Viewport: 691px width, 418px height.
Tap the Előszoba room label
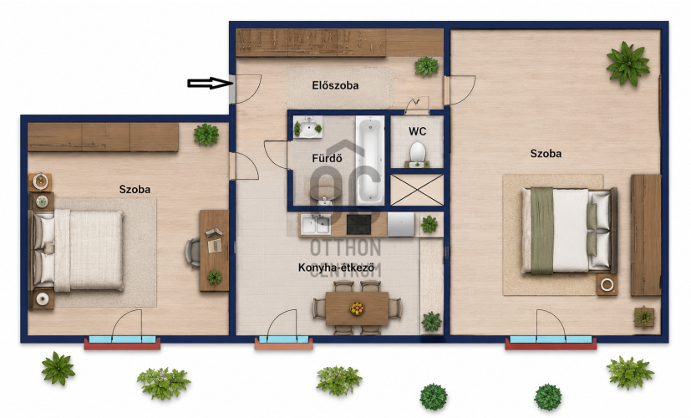coord(335,85)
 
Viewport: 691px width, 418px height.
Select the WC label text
coord(417,131)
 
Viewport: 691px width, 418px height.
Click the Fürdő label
coord(327,158)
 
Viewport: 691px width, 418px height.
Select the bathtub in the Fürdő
coord(370,160)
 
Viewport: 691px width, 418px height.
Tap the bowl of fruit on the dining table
coord(357,308)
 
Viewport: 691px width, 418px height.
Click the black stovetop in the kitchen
coord(363,224)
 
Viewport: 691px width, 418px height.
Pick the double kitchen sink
coord(316,224)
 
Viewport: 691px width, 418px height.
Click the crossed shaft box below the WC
coord(417,190)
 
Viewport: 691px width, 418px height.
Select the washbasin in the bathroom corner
coord(308,127)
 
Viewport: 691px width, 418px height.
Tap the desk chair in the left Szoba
coord(192,252)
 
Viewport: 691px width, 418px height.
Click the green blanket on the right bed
coord(542,230)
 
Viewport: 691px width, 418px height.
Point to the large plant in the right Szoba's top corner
coord(627,64)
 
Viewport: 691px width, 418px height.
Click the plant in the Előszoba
coord(426,67)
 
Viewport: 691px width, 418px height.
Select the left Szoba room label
coord(135,189)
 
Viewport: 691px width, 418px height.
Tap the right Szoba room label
coord(546,154)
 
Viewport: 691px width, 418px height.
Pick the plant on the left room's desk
coord(215,278)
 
